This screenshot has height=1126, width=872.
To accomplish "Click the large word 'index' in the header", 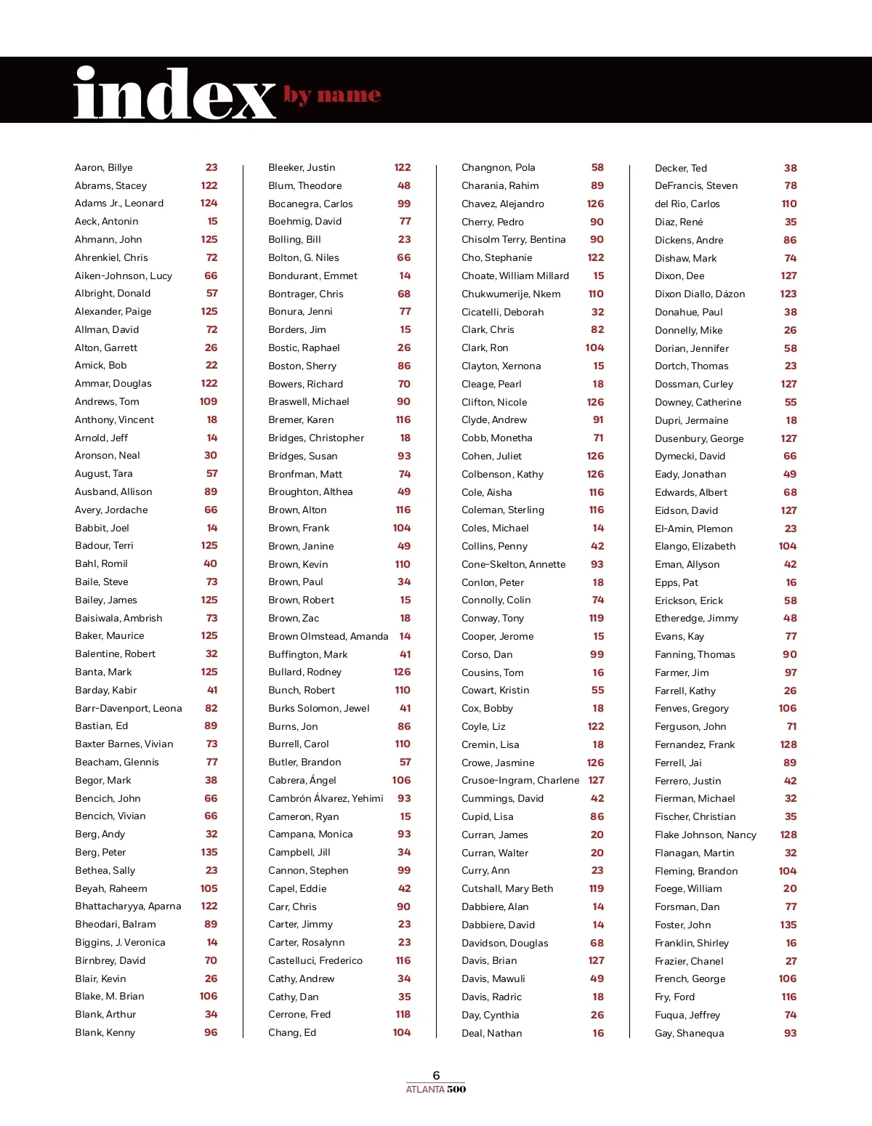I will (x=174, y=94).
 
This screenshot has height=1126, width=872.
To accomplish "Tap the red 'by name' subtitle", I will (x=332, y=95).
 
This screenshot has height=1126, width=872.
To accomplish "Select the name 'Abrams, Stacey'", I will (x=110, y=185).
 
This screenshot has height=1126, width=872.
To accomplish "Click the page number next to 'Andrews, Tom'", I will (x=208, y=401).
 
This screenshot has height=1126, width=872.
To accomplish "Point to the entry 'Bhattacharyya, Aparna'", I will (x=128, y=906).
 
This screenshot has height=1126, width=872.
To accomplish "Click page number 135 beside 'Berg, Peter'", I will (x=209, y=852).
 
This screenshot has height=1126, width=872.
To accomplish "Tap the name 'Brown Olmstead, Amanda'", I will (x=328, y=636).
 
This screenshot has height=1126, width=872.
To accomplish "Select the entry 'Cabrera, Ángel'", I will (x=302, y=780).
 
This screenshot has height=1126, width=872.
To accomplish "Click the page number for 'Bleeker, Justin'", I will (x=402, y=167).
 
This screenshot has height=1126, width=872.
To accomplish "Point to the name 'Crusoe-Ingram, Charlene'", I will (x=520, y=780).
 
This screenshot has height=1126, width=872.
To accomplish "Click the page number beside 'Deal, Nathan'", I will (x=597, y=1033).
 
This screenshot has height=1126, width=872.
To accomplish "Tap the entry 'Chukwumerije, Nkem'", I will (x=511, y=294).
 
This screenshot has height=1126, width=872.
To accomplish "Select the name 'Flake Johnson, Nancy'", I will (x=705, y=835).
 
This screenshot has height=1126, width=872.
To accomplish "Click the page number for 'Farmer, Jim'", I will (x=790, y=672).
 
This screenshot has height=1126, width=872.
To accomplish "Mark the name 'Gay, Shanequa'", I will (x=689, y=1033).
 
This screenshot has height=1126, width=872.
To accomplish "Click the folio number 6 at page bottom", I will (x=436, y=1075).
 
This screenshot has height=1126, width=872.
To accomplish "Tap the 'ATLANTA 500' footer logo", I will (x=436, y=1089).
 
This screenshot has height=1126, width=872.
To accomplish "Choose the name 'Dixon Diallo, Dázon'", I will (x=700, y=294).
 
